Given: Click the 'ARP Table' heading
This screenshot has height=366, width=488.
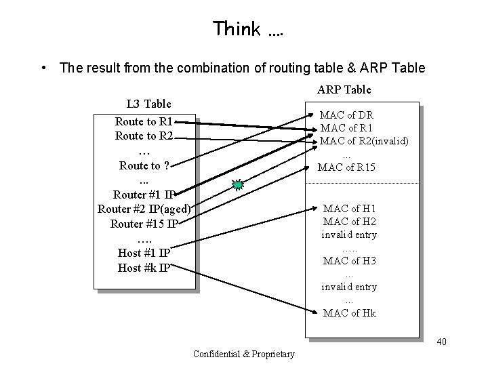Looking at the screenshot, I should coord(344,89).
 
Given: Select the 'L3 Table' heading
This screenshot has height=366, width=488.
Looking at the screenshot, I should coord(149,104).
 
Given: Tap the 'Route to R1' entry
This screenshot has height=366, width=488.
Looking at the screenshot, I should coord(144,122).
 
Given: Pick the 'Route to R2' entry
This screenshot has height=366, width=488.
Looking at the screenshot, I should coord(144,136).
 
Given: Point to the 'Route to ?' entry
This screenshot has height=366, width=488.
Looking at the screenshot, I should coord(144,165).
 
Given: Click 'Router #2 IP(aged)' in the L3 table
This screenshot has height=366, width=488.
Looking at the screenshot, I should coord(144,208).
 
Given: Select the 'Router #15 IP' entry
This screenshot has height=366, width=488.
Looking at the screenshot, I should coord(144,224).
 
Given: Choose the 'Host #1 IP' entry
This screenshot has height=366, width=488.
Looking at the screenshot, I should coord(144,253).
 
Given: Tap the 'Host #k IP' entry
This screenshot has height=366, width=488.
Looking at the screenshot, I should coord(144,267).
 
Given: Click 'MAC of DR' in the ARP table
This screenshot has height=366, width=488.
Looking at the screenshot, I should coord(346,115).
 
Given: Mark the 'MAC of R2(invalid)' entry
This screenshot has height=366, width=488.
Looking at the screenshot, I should coord(363,141).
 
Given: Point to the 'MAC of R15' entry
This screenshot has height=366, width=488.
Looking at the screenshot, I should coord(346,167).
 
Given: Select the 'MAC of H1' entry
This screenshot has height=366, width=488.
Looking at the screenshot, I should coord(350,209).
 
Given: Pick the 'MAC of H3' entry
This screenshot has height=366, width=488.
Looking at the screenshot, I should coord(350,261).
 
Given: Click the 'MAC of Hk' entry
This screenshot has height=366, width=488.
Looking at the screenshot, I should coord(350,312).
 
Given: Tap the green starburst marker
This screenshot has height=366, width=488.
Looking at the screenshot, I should coord(237,184).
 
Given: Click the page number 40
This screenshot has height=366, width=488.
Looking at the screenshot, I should coord(441,341).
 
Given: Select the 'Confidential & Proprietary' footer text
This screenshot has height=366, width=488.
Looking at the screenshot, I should coord(244,354).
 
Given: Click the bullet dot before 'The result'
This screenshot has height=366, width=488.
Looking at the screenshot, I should coord(43,68).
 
